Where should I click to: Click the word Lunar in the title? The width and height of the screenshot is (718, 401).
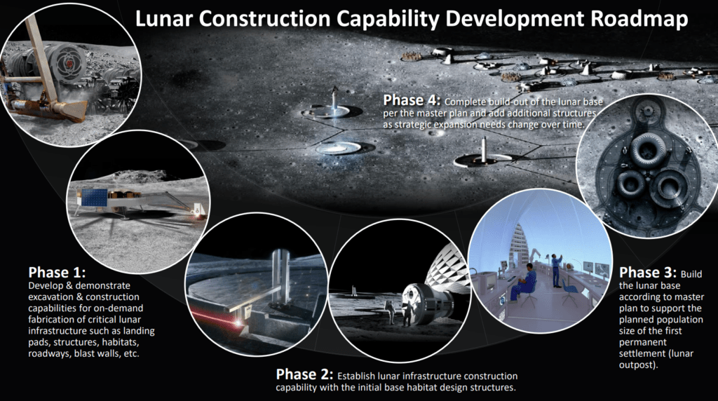164,19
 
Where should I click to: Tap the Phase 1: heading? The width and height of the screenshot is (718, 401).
57,273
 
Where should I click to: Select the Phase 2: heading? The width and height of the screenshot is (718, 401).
304,374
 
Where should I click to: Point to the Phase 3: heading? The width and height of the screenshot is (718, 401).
647,273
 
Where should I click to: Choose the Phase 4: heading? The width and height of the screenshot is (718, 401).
412,100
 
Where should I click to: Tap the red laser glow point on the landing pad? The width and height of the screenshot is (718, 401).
238,322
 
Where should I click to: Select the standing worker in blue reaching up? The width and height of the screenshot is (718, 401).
556,270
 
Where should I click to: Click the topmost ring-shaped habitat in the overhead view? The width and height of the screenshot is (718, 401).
645,149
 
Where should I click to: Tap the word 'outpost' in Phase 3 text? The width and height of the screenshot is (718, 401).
637,365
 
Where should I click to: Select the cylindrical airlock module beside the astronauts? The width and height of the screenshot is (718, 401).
428,301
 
